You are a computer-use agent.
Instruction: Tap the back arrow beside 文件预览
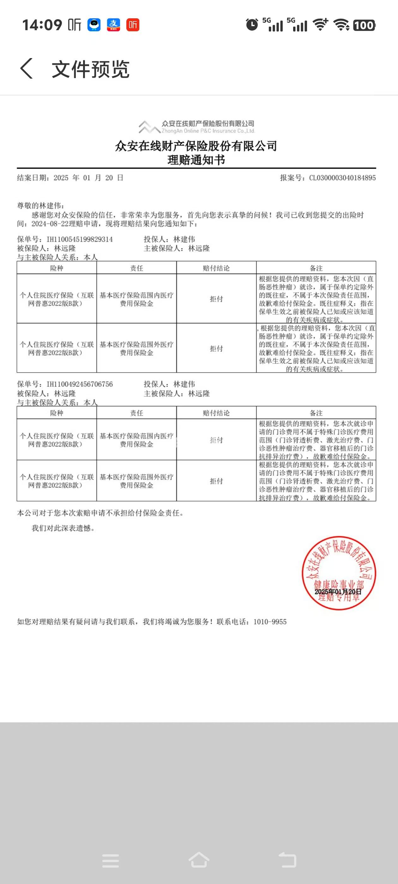27,68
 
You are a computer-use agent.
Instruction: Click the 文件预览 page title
90,69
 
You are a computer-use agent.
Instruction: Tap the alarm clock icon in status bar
252,25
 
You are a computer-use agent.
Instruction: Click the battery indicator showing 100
364,25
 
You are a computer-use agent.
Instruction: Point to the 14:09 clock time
42,25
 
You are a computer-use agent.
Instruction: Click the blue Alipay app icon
113,25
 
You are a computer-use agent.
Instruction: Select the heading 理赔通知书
196,160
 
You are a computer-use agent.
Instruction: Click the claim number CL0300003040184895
342,178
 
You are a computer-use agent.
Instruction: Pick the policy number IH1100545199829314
80,239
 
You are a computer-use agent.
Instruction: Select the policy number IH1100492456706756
80,384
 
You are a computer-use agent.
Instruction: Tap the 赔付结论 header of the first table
216,268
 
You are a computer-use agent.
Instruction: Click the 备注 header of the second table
316,413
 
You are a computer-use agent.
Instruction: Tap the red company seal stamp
339,573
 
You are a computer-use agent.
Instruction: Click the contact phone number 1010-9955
269,622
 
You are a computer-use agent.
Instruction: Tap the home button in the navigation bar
199,860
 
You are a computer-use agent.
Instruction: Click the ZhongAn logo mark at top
149,127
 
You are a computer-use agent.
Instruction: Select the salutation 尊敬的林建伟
40,206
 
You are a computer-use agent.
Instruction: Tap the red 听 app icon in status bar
133,25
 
